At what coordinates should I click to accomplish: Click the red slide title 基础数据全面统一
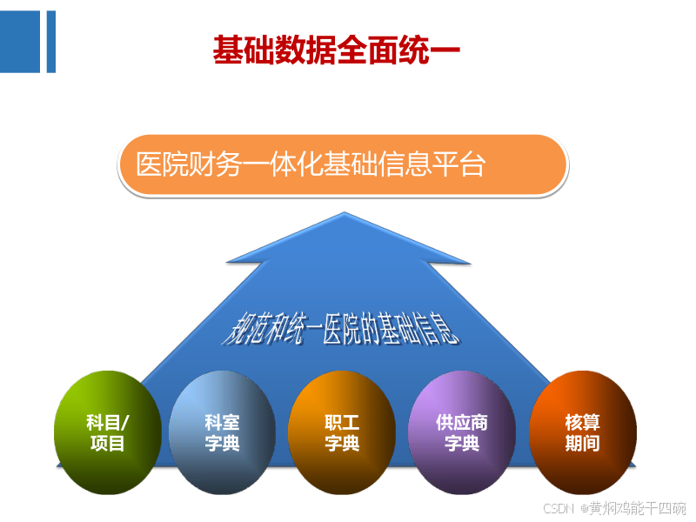335,50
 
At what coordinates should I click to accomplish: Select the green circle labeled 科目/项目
108,432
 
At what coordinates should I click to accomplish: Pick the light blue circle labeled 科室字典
223,432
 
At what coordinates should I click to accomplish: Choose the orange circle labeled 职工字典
342,432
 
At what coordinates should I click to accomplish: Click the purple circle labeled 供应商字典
462,432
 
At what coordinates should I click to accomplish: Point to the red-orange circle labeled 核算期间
582,432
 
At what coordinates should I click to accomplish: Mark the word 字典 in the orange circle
342,444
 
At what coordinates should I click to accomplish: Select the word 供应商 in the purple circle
462,423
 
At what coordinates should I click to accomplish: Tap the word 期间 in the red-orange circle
582,444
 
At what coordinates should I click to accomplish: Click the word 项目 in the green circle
108,444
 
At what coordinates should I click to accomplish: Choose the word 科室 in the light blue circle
223,423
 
